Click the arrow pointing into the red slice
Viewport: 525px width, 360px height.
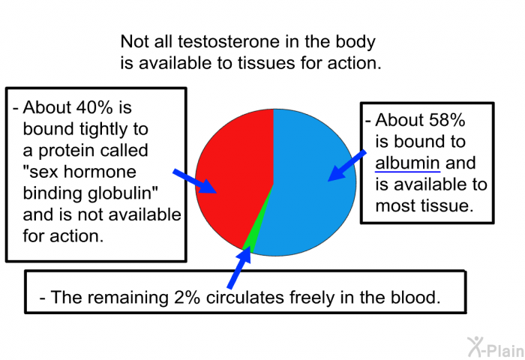[x=195, y=181]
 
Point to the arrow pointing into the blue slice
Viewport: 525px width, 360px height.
[x=346, y=166]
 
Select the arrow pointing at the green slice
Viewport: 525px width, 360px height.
[x=239, y=267]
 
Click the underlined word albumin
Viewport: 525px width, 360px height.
[x=407, y=163]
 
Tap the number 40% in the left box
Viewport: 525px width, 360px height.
[x=94, y=107]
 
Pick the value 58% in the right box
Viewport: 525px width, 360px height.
[x=447, y=120]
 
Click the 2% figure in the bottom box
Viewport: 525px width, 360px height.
[x=187, y=297]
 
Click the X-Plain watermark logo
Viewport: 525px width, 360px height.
[x=496, y=347]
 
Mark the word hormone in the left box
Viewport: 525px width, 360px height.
[x=100, y=172]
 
